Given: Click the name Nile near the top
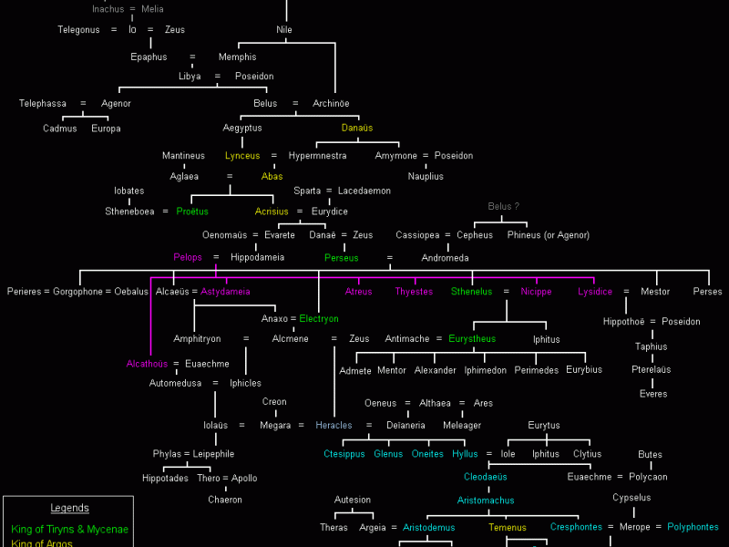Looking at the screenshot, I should [284, 30].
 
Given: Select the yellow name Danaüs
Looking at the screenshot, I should [357, 129].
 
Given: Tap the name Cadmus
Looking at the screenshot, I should [60, 129].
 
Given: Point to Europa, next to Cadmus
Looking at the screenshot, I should [106, 129].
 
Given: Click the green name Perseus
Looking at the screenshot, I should [342, 258].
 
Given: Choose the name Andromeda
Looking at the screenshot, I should [445, 258].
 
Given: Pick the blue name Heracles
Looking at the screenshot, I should [334, 426].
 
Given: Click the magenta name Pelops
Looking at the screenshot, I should [188, 258].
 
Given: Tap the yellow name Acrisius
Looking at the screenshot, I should [272, 212].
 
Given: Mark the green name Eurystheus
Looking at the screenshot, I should [472, 339].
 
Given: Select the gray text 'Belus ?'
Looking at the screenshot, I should [503, 206].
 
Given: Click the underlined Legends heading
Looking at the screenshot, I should [69, 509].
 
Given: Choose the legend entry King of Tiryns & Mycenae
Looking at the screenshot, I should [70, 530].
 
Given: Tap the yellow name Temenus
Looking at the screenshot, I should [507, 528].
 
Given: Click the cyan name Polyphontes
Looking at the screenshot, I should [693, 527].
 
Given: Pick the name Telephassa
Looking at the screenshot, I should [43, 104].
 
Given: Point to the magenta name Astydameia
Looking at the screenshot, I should [225, 292].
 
